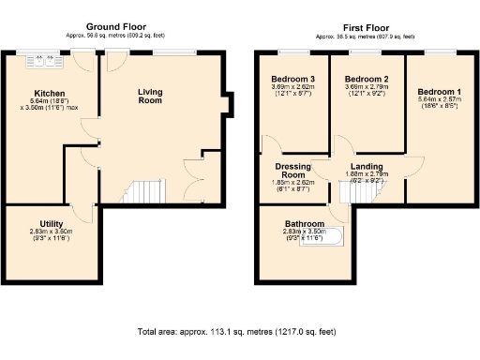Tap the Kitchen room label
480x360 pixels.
click(x=49, y=94)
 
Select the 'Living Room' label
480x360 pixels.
click(x=150, y=96)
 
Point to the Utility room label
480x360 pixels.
click(x=52, y=222)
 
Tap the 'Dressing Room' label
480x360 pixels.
click(x=293, y=171)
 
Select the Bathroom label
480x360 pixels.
click(x=305, y=225)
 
